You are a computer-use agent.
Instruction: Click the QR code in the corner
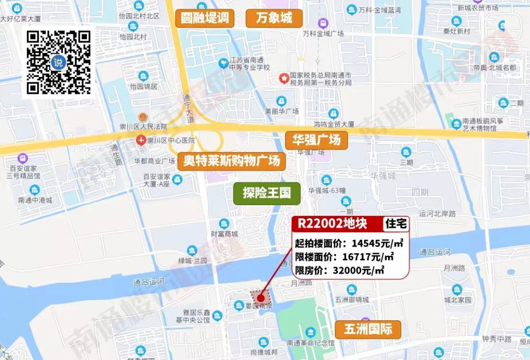(x=58, y=62)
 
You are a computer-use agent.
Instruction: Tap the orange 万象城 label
(x=274, y=19)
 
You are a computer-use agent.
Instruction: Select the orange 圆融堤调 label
(x=205, y=19)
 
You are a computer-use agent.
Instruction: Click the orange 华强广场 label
(x=317, y=141)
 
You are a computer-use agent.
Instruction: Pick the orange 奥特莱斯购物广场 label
(x=232, y=161)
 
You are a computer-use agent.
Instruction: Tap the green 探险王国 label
(x=267, y=193)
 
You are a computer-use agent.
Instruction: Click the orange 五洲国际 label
(x=368, y=329)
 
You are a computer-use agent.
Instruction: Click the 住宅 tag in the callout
(x=396, y=224)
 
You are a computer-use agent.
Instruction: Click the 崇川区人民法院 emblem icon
(x=143, y=117)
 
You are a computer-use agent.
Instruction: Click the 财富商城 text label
(x=224, y=234)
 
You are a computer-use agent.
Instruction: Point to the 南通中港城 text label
(x=35, y=200)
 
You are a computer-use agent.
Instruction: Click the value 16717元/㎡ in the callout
(x=370, y=257)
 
